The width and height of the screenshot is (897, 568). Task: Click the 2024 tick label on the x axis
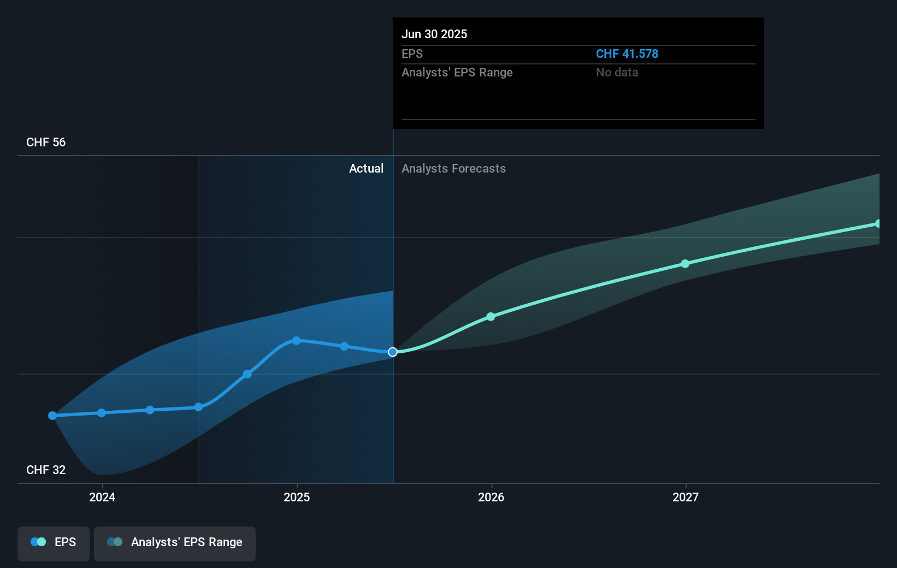click(102, 497)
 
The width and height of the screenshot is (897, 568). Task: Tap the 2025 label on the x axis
click(297, 497)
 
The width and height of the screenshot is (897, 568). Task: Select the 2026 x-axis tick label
click(491, 497)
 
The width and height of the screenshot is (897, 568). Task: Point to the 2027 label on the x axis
click(686, 497)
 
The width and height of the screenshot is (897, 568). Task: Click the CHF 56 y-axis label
click(46, 143)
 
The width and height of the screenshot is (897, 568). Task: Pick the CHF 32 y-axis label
click(46, 470)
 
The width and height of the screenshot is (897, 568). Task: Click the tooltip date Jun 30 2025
click(434, 34)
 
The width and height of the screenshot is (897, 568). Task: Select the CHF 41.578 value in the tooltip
click(627, 54)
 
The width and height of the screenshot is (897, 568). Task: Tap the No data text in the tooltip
click(617, 73)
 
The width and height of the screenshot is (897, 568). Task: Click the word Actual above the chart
click(366, 169)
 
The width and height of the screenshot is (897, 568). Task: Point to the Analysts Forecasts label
click(453, 169)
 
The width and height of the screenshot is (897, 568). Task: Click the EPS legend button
click(54, 542)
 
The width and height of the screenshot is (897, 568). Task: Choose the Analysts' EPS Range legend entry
click(175, 542)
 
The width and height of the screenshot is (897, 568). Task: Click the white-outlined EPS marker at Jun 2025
click(393, 352)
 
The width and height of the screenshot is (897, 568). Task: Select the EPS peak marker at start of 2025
click(296, 341)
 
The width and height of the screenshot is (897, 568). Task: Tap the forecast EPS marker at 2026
click(491, 317)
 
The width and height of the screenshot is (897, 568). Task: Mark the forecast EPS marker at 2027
click(685, 264)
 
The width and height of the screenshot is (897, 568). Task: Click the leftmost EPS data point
click(52, 416)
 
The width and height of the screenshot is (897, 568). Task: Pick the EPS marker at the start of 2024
click(102, 413)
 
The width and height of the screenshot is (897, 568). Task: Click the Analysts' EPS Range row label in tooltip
click(457, 73)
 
